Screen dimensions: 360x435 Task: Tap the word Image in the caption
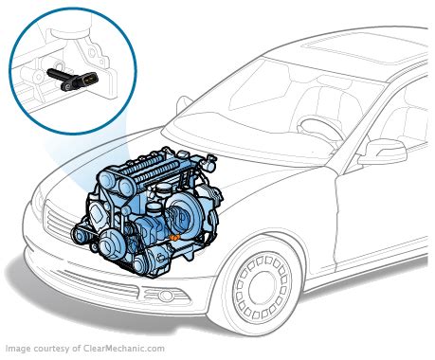(17, 349)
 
